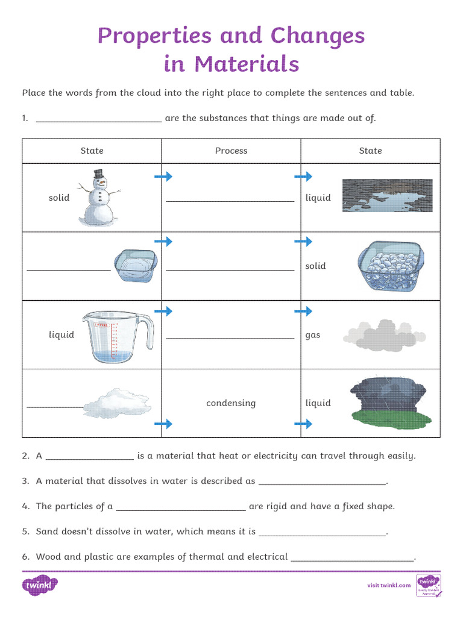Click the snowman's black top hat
click(98, 174)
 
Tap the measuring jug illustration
click(117, 336)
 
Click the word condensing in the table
click(231, 403)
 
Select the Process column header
click(231, 151)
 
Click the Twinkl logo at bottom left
click(40, 585)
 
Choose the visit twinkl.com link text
click(389, 585)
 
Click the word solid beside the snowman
click(59, 198)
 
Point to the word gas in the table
click(313, 335)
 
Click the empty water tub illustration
click(136, 265)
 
